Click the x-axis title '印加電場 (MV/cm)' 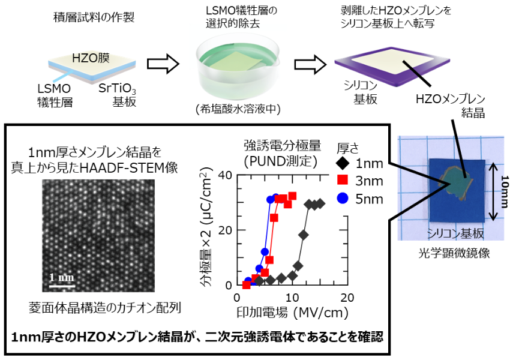[x=292, y=312]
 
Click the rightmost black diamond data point [x=320, y=203]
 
